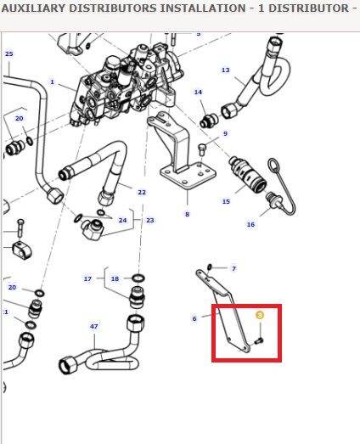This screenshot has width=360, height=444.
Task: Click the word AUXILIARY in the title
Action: [x=33, y=8]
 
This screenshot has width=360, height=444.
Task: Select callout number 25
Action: [x=9, y=53]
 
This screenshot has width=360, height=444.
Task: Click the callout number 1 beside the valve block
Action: [x=52, y=81]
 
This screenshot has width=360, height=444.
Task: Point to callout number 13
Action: [x=226, y=70]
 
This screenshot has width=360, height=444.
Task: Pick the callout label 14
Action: [x=199, y=92]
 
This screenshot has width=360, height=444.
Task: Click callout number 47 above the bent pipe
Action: [x=93, y=326]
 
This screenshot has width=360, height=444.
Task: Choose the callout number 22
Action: [x=142, y=192]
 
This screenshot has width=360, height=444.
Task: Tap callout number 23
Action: [x=149, y=220]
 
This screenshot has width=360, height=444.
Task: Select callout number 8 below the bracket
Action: [x=187, y=214]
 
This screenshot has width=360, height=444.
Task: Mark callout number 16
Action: [x=250, y=225]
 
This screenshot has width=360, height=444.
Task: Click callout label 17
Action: [x=87, y=278]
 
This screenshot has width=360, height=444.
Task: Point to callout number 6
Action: [x=194, y=318]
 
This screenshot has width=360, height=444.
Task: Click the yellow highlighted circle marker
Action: [x=260, y=315]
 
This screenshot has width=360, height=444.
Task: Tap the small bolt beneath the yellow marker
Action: [x=259, y=341]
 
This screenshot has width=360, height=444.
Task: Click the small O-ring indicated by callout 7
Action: [x=210, y=267]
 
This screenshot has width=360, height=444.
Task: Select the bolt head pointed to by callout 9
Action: [x=202, y=149]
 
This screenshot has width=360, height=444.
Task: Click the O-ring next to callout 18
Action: [x=138, y=278]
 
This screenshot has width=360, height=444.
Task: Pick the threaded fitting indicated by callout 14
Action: [x=208, y=121]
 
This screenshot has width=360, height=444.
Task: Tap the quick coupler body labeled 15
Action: [x=247, y=175]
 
